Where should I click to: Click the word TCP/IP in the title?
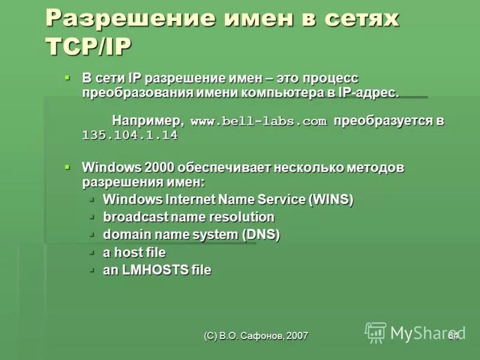(88, 47)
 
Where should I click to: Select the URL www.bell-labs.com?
(259, 122)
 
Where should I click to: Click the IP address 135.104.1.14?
(130, 136)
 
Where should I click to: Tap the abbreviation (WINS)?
(331, 200)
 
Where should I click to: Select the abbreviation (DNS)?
(261, 235)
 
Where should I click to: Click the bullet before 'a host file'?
(92, 252)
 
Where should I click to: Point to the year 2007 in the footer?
(297, 336)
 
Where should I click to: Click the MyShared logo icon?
(376, 332)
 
